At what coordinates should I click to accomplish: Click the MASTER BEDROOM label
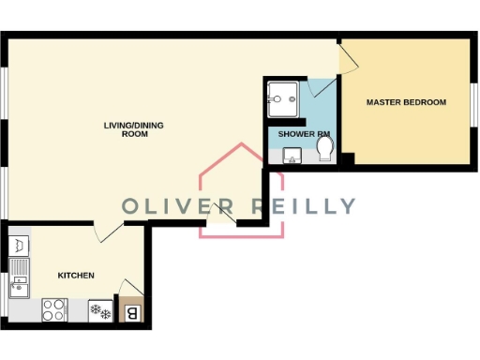coord(405,102)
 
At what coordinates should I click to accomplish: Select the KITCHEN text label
coord(76,276)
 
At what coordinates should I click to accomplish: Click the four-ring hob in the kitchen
coord(54,309)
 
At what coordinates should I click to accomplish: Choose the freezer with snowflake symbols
coord(99,309)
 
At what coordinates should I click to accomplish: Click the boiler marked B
coord(131,311)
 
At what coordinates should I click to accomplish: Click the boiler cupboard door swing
coord(131,285)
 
